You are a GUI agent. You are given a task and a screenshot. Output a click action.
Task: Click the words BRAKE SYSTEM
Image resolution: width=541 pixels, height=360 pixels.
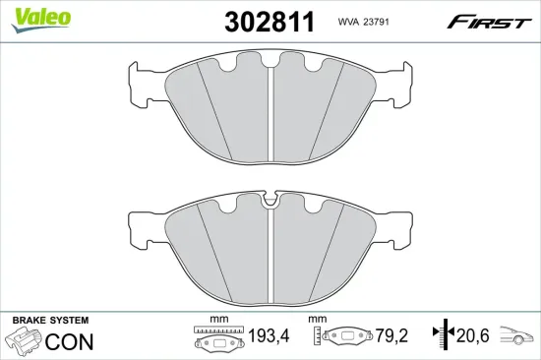point(49,321)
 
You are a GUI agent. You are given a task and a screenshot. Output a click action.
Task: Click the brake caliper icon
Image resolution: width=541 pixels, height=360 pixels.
point(25,342)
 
